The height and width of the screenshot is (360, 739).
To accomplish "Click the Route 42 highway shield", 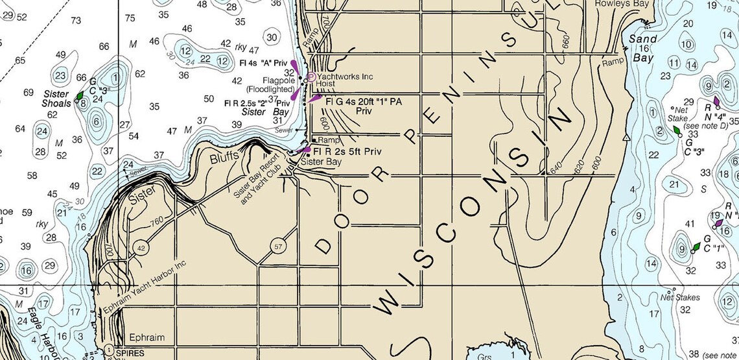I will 141,248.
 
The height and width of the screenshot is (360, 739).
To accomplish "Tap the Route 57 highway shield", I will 279,246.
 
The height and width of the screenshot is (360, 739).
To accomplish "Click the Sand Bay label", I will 642,48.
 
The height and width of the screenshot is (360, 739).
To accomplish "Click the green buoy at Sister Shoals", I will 79,96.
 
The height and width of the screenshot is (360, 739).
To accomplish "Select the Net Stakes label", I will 679,298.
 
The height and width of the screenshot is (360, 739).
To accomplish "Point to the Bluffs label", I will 224,157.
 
